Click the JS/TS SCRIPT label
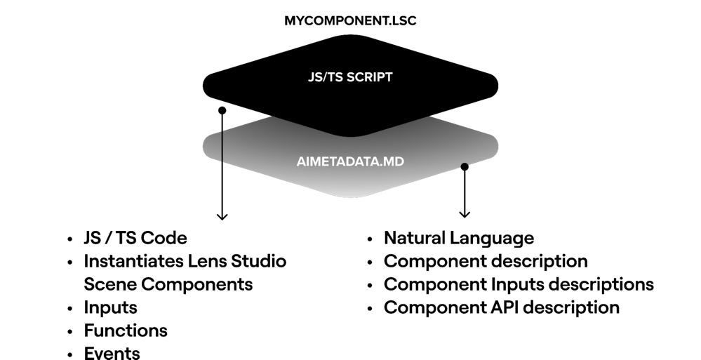(350, 77)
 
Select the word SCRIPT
(370, 77)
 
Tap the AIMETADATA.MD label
(350, 161)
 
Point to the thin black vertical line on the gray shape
(222, 145)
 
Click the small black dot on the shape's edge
(464, 166)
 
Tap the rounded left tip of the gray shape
(206, 147)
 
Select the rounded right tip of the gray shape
(495, 146)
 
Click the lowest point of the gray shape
(351, 196)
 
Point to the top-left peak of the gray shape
(272, 117)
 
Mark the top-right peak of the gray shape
(429, 117)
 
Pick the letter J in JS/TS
(311, 77)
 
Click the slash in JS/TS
(324, 77)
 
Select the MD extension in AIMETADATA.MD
(395, 161)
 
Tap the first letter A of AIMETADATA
(301, 161)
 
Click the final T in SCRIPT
(389, 77)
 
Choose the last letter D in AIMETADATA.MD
(400, 161)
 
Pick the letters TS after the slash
(335, 77)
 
